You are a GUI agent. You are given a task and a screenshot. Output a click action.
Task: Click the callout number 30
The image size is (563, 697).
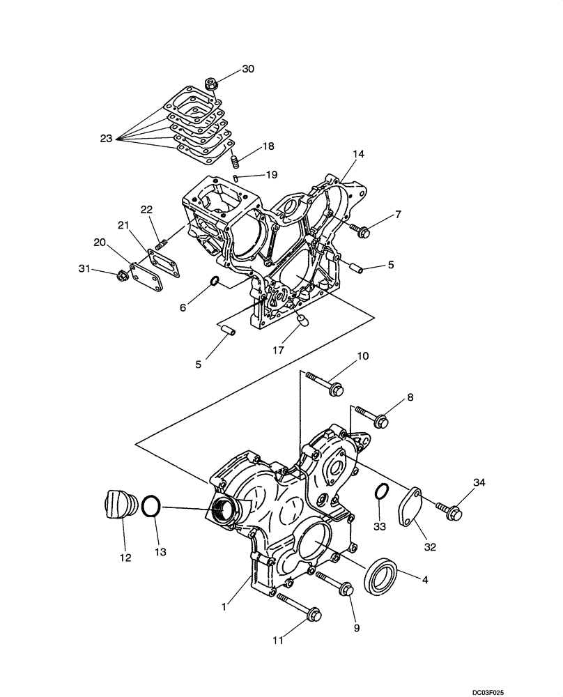pos(248,68)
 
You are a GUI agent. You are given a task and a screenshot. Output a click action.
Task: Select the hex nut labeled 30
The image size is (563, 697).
pos(212,85)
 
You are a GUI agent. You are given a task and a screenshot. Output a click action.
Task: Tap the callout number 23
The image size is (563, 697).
pos(106,139)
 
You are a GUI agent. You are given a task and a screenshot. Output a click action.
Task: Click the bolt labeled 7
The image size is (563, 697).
pos(360,230)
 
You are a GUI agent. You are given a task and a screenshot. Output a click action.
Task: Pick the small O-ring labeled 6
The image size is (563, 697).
pos(215,282)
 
